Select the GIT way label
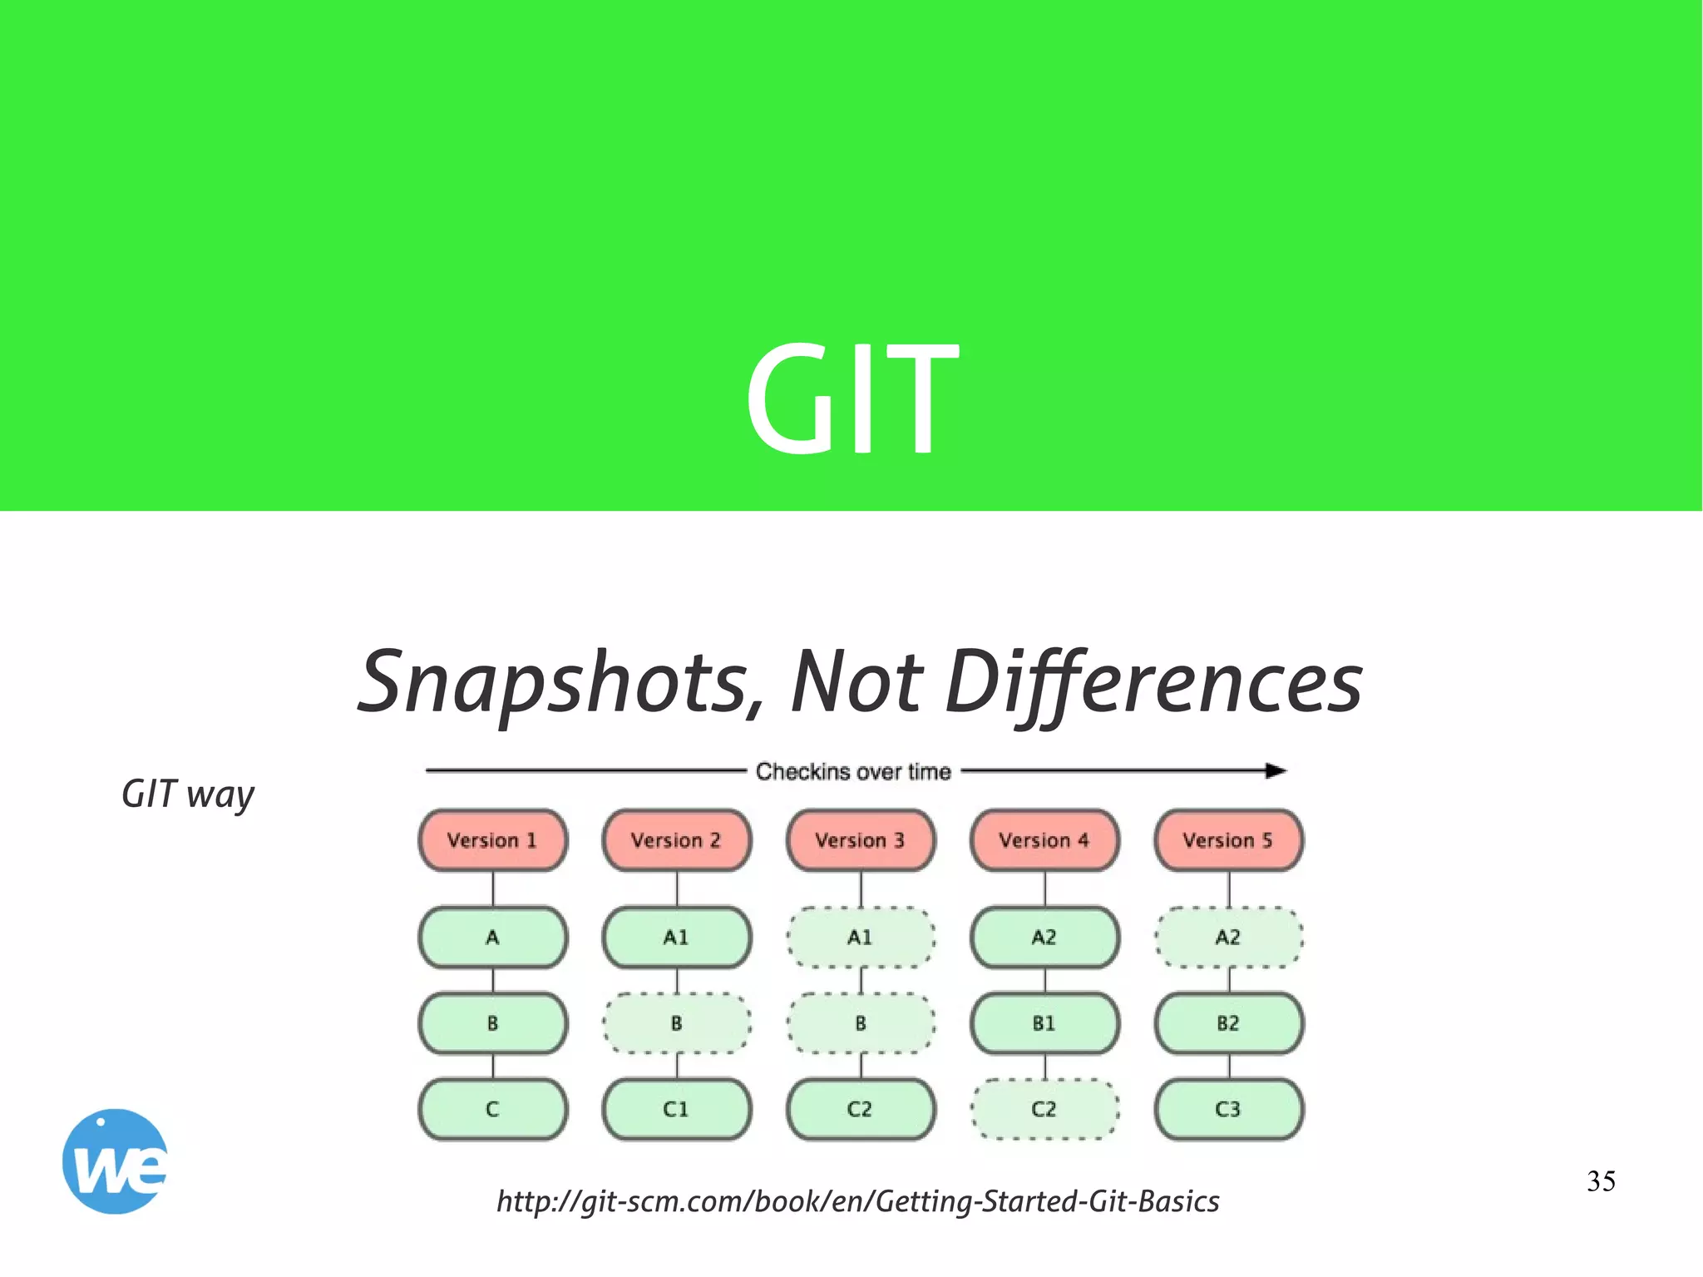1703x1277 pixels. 187,794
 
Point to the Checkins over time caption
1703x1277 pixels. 852,772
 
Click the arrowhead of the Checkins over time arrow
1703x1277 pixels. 1276,771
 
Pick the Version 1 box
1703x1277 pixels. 492,840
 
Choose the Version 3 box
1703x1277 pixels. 861,840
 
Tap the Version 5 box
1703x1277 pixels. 1228,840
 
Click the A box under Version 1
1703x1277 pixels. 492,938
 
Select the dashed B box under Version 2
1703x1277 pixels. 677,1023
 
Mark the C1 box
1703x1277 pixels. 677,1109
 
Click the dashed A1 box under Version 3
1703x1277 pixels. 861,938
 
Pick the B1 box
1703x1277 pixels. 1044,1023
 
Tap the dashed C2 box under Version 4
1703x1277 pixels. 1044,1109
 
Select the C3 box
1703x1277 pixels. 1228,1109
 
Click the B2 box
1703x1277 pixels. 1228,1023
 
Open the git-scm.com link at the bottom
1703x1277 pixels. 857,1201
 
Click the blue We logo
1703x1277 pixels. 115,1161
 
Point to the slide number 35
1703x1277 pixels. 1601,1181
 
